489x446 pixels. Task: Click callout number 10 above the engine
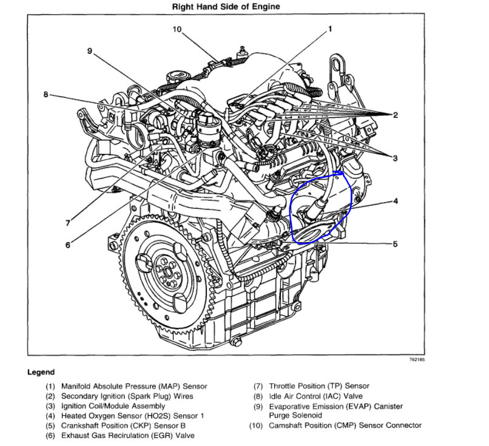pyautogui.click(x=177, y=29)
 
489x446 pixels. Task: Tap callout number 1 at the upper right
pyautogui.click(x=330, y=29)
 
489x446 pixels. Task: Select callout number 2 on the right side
pyautogui.click(x=395, y=115)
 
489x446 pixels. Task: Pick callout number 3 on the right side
pyautogui.click(x=395, y=158)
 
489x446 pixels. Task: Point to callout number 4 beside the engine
pyautogui.click(x=395, y=200)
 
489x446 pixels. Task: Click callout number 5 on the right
pyautogui.click(x=395, y=245)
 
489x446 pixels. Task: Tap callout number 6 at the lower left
pyautogui.click(x=68, y=245)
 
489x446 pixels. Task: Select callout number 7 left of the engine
pyautogui.click(x=68, y=223)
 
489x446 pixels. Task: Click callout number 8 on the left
pyautogui.click(x=46, y=94)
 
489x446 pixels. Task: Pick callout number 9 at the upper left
pyautogui.click(x=89, y=51)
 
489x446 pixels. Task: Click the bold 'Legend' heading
pyautogui.click(x=41, y=372)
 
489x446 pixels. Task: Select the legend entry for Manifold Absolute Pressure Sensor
pyautogui.click(x=133, y=386)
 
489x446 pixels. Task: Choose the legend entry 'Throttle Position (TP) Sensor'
pyautogui.click(x=319, y=386)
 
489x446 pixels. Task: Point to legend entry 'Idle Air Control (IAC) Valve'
pyautogui.click(x=315, y=396)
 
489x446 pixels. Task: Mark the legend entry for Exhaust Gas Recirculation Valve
pyautogui.click(x=128, y=435)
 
